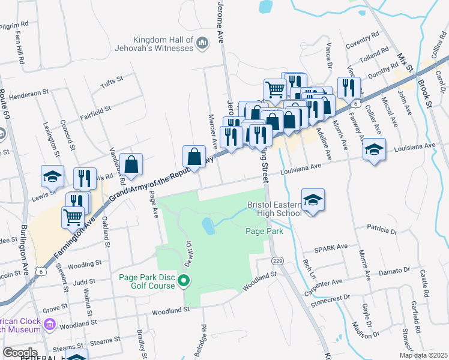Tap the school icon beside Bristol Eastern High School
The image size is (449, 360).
[x=313, y=200]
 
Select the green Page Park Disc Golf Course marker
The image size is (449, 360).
[x=185, y=280]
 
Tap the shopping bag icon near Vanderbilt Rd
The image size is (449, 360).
[x=131, y=164]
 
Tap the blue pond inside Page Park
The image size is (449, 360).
[x=208, y=226]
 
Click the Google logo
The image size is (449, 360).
[x=20, y=352]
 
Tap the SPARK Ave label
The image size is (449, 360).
[x=334, y=247]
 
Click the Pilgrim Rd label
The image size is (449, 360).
[x=14, y=25]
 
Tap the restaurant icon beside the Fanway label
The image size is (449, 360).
[x=349, y=88]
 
